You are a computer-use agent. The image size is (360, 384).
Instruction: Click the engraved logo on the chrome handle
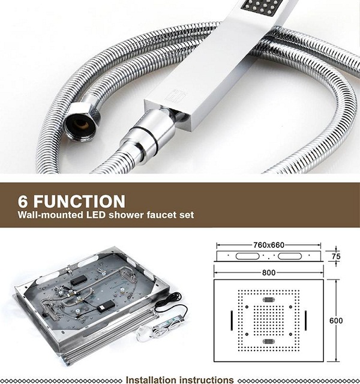click(x=172, y=95)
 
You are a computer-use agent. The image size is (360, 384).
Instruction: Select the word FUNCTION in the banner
click(x=79, y=202)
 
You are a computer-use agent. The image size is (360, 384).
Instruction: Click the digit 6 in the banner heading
click(x=23, y=202)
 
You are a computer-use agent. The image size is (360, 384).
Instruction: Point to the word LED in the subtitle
click(x=96, y=215)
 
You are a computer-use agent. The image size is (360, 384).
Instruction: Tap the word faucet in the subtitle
click(x=163, y=215)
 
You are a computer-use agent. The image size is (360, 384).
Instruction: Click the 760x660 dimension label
click(x=269, y=245)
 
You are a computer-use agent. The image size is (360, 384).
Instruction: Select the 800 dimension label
click(x=269, y=272)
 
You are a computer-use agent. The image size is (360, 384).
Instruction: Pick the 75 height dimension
click(x=336, y=256)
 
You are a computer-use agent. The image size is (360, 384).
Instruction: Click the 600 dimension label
click(x=336, y=320)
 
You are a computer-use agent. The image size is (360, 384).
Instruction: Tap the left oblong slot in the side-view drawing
click(x=247, y=256)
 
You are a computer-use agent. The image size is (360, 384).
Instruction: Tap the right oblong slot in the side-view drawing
click(x=290, y=256)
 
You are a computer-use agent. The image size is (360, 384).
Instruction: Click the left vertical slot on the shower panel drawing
click(x=232, y=320)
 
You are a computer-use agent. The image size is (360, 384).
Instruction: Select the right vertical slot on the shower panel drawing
click(x=306, y=320)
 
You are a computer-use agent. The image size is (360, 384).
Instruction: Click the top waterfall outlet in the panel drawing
click(x=269, y=299)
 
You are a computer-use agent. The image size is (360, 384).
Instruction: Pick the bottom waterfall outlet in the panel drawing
click(x=269, y=341)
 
